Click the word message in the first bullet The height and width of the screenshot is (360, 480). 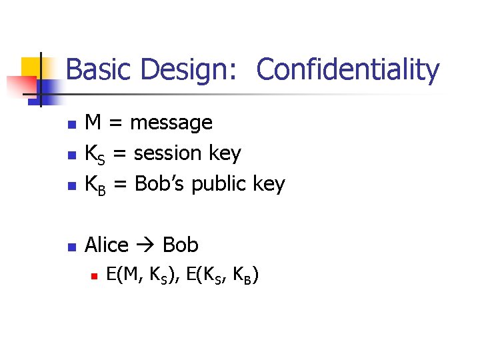171,123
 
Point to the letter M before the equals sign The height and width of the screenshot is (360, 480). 93,123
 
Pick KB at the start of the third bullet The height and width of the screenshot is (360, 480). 95,185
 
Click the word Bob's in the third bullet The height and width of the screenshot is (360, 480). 161,184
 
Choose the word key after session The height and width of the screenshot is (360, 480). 224,154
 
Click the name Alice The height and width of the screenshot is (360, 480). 107,245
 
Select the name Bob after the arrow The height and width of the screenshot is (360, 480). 180,245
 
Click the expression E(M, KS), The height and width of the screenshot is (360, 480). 144,275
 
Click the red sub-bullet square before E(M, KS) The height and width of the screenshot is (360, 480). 94,275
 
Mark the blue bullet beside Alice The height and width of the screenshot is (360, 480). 71,247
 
